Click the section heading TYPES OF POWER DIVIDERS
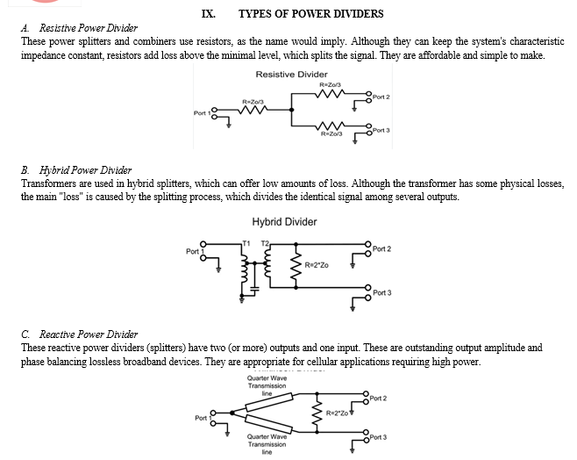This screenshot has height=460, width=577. point(311,14)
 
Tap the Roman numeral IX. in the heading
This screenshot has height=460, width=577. point(209,14)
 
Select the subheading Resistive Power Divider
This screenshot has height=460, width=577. point(89,28)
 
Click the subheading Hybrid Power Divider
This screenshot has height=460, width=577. point(85,170)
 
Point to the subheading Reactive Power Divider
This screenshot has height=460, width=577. point(89,334)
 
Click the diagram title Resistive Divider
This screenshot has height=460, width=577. point(291,75)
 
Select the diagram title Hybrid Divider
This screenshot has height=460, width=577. point(284,222)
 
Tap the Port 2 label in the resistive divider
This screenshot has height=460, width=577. point(381,97)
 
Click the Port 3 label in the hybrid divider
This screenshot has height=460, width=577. point(382,293)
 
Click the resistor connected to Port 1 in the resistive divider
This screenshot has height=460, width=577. point(253,110)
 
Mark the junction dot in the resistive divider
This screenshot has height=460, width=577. point(292,110)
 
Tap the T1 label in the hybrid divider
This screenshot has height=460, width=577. point(246,243)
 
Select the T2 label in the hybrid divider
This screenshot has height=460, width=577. point(265,243)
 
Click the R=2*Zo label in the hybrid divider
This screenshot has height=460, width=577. point(317,265)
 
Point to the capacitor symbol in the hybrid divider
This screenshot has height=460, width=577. point(254,290)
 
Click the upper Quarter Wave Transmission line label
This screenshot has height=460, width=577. point(267,385)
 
